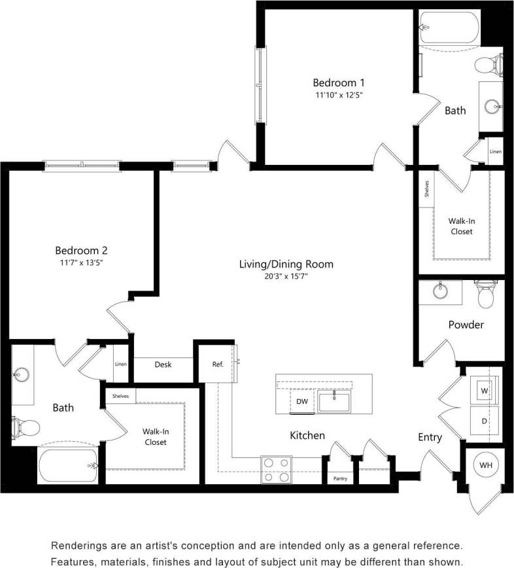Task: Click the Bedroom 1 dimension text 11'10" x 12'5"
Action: [x=337, y=95]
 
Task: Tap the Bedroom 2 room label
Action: [x=80, y=250]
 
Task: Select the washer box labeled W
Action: [x=485, y=391]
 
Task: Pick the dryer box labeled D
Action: [x=485, y=421]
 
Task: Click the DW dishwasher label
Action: [x=301, y=402]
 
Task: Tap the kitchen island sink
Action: [x=334, y=400]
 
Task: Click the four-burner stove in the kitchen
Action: [x=276, y=469]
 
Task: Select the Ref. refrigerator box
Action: [x=218, y=364]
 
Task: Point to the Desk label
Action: [x=163, y=364]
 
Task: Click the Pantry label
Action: [x=339, y=479]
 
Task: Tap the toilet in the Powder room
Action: [x=485, y=294]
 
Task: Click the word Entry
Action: [x=430, y=437]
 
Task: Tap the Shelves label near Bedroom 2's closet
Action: [x=120, y=396]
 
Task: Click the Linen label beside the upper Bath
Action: [x=496, y=152]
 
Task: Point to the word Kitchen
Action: [x=307, y=435]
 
